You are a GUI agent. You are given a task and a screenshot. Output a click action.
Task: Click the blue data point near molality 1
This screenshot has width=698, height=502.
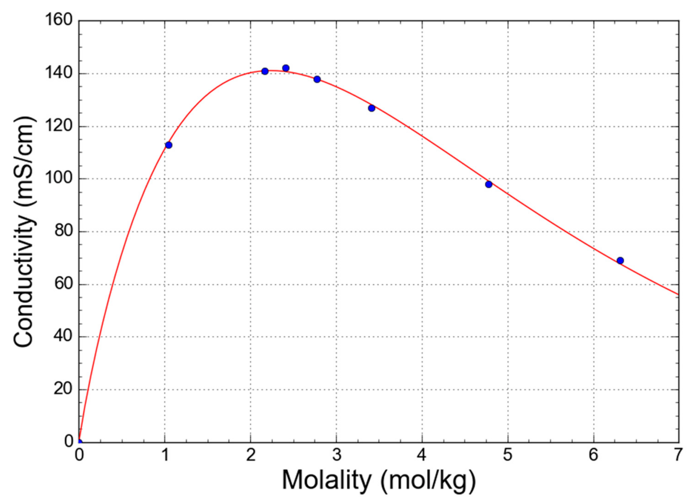[168, 145]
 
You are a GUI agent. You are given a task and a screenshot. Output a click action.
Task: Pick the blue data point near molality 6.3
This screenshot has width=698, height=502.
[620, 260]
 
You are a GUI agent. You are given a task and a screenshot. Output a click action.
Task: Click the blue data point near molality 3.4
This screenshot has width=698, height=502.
[372, 108]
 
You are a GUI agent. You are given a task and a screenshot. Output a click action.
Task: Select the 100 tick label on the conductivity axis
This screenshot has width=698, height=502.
[58, 178]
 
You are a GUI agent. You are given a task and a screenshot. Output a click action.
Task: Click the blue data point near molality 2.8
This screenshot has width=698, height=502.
[317, 79]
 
